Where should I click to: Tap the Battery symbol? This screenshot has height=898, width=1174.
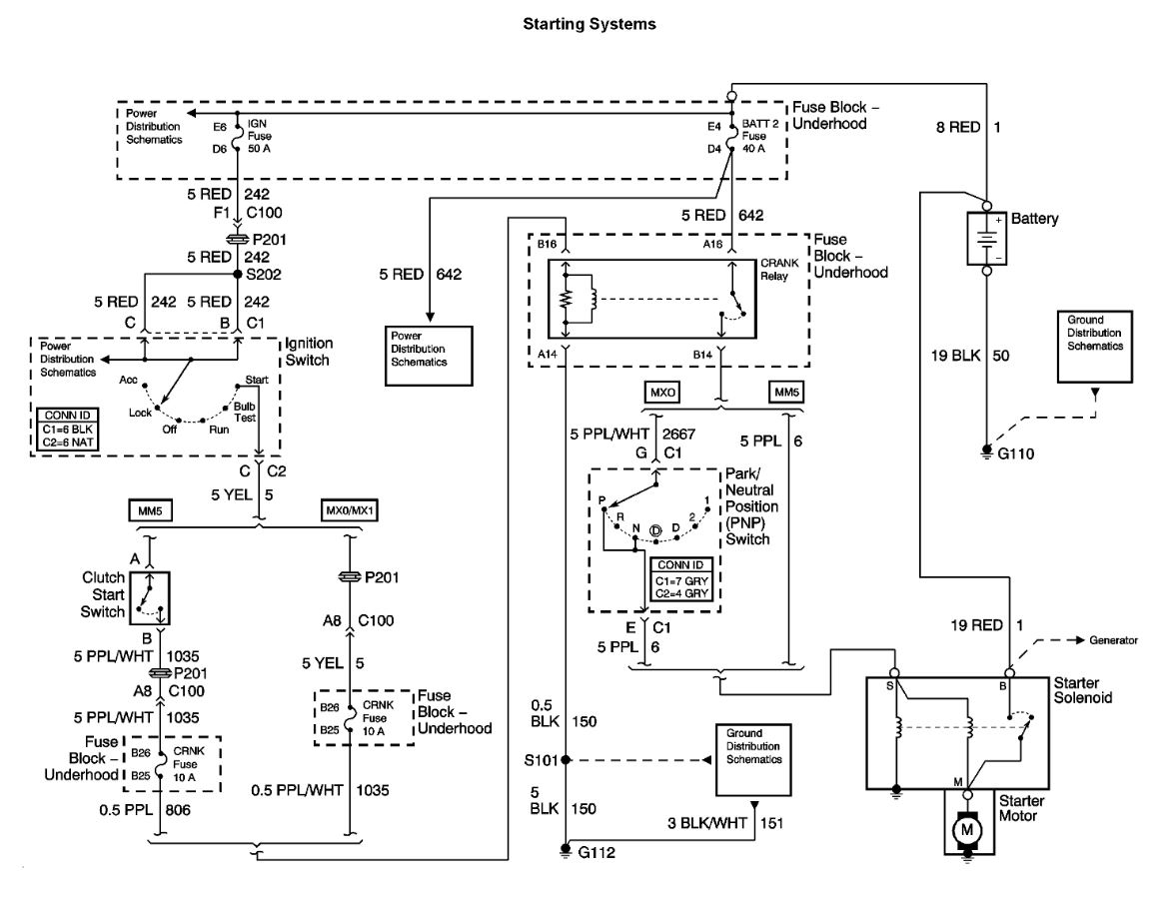986,240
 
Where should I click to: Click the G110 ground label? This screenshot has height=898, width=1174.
1015,452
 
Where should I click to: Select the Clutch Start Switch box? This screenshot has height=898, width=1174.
149,594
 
